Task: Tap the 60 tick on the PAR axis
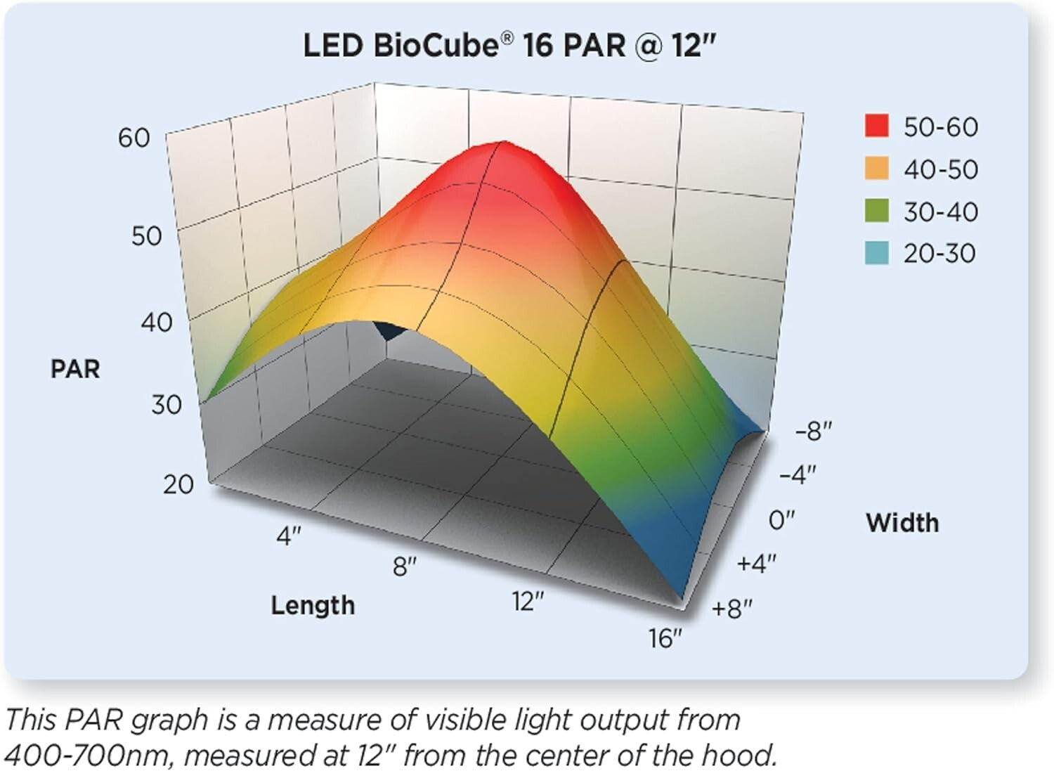pos(134,138)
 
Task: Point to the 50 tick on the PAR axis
pos(146,236)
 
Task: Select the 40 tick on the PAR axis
pos(156,323)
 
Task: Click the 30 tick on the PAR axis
pos(167,405)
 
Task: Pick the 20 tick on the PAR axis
pos(178,484)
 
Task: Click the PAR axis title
pos(75,369)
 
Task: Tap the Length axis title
pos(313,605)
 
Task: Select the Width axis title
pos(902,523)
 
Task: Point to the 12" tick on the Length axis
pos(528,602)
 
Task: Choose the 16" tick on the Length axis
pos(665,638)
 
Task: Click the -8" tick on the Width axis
pos(814,431)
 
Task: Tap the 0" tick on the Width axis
pos(781,520)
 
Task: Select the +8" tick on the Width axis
pos(732,609)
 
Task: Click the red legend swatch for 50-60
pos(877,127)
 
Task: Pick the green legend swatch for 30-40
pos(877,211)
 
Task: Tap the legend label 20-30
pos(939,254)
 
